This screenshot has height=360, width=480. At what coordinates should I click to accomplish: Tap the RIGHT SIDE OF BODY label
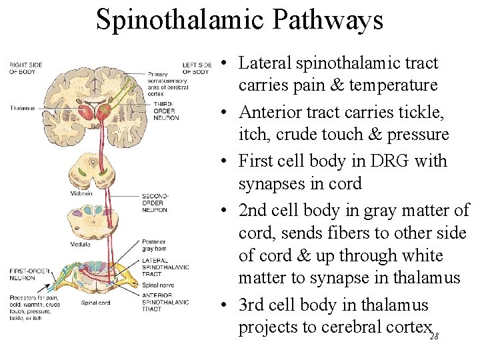(x=26, y=68)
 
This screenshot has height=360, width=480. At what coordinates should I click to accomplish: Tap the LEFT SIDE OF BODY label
(x=197, y=68)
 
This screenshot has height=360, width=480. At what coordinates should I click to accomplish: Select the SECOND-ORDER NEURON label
(x=155, y=203)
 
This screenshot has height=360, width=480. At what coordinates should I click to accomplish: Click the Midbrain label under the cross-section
(x=81, y=193)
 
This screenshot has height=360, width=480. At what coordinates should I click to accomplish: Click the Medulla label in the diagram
(x=81, y=245)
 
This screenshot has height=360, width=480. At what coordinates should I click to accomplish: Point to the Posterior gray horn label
(x=154, y=245)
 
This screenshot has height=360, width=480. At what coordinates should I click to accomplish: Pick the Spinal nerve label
(x=155, y=285)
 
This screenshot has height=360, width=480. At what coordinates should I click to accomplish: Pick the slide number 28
(x=434, y=337)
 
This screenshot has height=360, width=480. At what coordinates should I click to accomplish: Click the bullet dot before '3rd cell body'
(x=227, y=306)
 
